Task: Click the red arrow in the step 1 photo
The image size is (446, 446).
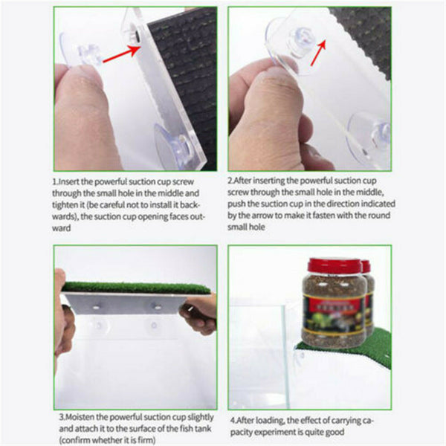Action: pyautogui.click(x=122, y=54)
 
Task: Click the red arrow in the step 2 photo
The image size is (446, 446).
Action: pyautogui.click(x=317, y=53)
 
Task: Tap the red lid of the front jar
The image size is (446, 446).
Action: pyautogui.click(x=334, y=265)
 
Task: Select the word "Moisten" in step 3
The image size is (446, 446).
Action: pyautogui.click(x=80, y=417)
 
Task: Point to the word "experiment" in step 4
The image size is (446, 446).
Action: pyautogui.click(x=273, y=433)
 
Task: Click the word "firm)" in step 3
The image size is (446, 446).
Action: pyautogui.click(x=146, y=440)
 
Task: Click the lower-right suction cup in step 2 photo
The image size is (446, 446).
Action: pyautogui.click(x=369, y=140)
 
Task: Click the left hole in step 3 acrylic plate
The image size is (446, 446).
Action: pyautogui.click(x=96, y=307)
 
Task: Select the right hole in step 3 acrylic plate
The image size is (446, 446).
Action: pyautogui.click(x=156, y=306)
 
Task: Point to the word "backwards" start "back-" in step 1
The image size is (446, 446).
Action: pyautogui.click(x=190, y=205)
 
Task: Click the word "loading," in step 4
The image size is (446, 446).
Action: pyautogui.click(x=270, y=421)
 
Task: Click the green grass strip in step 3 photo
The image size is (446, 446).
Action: pyautogui.click(x=136, y=288)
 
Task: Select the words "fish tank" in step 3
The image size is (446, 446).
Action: pyautogui.click(x=195, y=428)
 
